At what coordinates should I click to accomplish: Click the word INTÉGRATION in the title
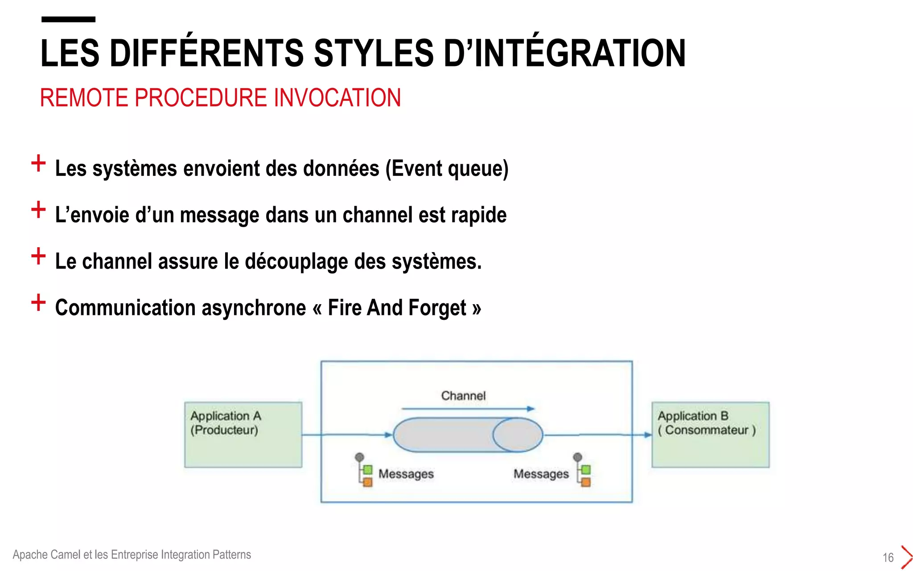click(x=580, y=54)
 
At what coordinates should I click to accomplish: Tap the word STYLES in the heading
click(x=374, y=54)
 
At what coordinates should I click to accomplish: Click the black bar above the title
click(x=68, y=19)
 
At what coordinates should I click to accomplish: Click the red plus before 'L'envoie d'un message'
click(x=38, y=209)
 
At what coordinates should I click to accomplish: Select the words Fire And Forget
click(x=397, y=308)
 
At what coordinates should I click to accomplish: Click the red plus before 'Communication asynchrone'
click(x=38, y=302)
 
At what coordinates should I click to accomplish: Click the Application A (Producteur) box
click(x=243, y=435)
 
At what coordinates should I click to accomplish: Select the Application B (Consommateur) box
click(x=710, y=435)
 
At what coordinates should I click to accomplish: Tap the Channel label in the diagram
click(x=463, y=396)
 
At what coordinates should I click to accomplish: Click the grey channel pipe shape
click(x=446, y=435)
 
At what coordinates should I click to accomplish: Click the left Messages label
click(x=406, y=474)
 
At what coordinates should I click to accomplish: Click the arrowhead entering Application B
click(x=647, y=435)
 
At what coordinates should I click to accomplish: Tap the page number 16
click(x=888, y=557)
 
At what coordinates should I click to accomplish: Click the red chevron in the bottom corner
click(x=906, y=557)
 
